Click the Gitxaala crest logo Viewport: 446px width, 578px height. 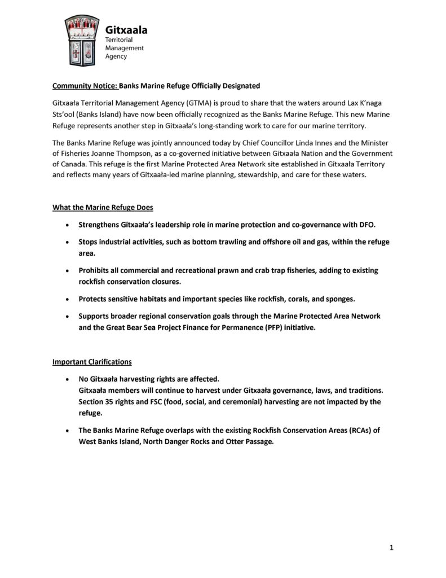coord(82,38)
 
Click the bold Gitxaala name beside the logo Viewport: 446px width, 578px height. coord(126,30)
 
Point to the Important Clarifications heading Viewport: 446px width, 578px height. coord(92,361)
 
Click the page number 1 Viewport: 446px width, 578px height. coord(391,547)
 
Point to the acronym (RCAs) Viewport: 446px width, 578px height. coord(361,430)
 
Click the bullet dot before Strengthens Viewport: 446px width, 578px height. coord(68,225)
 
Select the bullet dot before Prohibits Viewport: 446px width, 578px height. coord(68,271)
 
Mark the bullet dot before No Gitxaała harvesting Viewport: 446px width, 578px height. coord(68,379)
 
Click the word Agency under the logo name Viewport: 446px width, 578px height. coord(116,56)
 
